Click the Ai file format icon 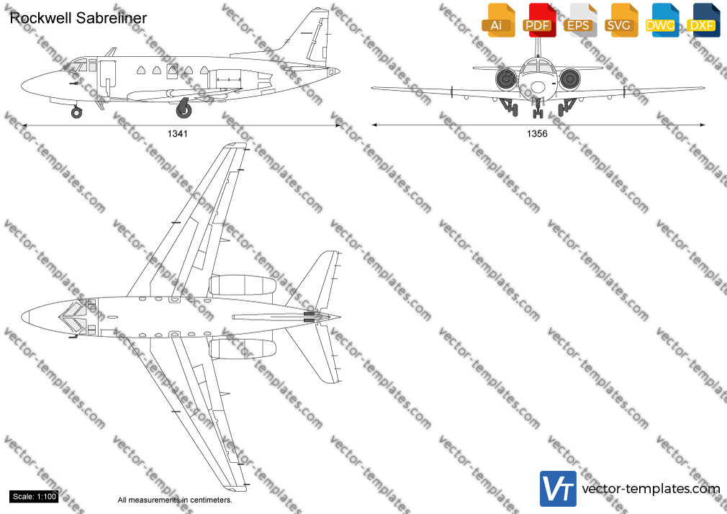click(498, 20)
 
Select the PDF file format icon click(539, 20)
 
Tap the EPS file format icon click(579, 20)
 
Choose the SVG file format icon click(620, 20)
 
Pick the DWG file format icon click(661, 20)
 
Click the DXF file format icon click(703, 20)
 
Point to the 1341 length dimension click(178, 134)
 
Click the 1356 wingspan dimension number click(537, 134)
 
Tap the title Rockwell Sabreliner click(78, 18)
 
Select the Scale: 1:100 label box click(35, 497)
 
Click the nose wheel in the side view click(76, 112)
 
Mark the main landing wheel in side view click(184, 109)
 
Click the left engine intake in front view click(506, 79)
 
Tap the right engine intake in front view click(569, 79)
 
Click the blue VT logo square click(559, 489)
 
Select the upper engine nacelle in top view click(242, 285)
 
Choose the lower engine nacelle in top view click(242, 349)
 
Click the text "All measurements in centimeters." click(175, 500)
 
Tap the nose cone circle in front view click(538, 87)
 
